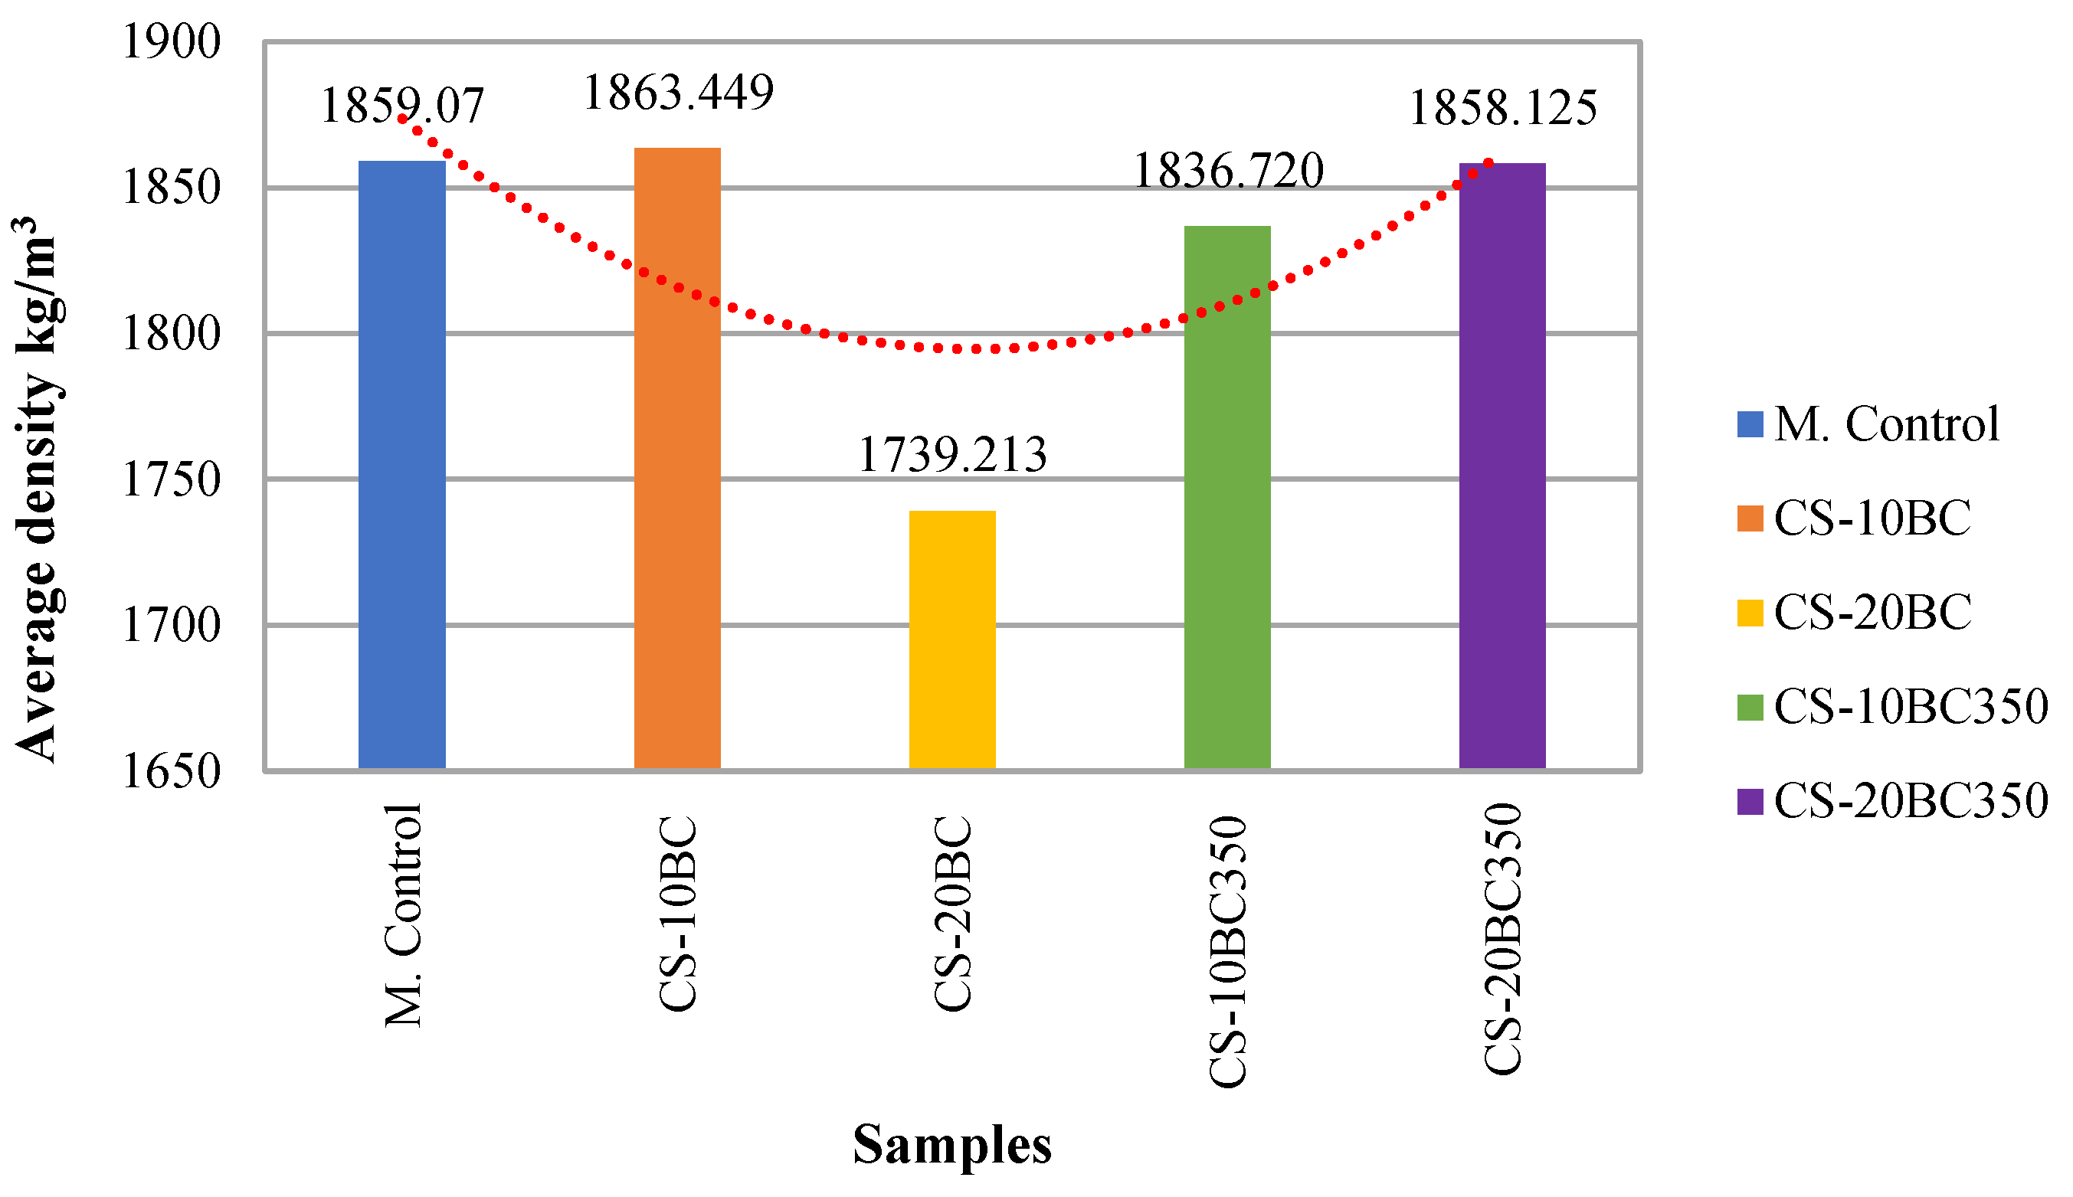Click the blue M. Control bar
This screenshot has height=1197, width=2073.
tap(401, 466)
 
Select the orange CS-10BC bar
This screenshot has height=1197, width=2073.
tap(676, 459)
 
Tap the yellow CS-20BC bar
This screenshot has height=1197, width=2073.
tap(951, 639)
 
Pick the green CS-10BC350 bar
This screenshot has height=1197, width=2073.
tap(1226, 497)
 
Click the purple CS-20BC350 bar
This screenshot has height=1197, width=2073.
tap(1502, 466)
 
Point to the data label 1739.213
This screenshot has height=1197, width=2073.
tap(951, 455)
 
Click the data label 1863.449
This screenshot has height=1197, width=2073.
tap(677, 92)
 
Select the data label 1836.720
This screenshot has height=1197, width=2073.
tap(1228, 171)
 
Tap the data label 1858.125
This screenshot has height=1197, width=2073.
tap(1502, 109)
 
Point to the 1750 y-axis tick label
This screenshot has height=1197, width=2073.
tap(171, 479)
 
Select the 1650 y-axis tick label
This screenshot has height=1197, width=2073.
tap(171, 771)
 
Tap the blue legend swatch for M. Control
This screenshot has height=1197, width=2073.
tap(1750, 424)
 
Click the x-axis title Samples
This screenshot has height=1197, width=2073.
tap(951, 1144)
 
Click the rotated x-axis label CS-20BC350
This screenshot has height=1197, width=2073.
tap(1502, 939)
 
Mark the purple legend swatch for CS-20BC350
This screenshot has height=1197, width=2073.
tap(1750, 801)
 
